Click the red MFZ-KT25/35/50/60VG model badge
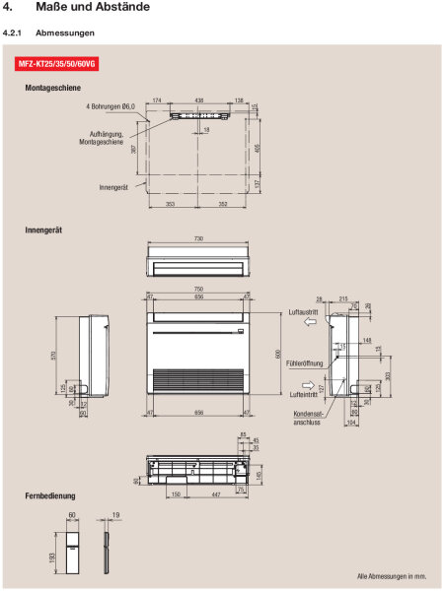[58, 65]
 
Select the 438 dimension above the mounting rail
[199, 100]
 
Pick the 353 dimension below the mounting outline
[173, 205]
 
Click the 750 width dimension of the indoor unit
[200, 289]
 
